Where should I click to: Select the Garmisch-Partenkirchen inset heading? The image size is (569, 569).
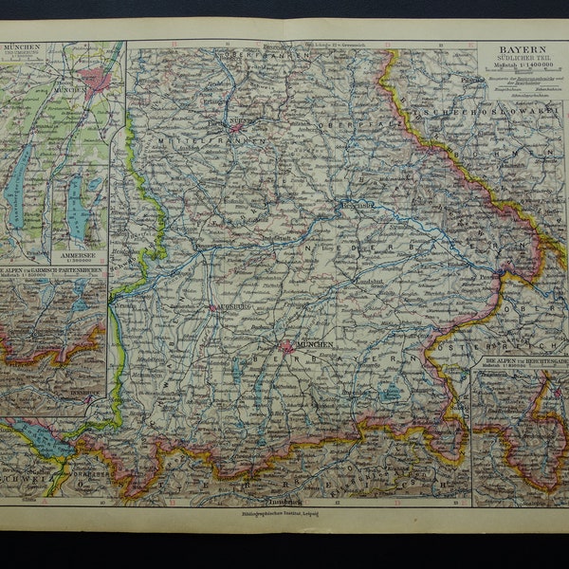coord(54,270)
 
